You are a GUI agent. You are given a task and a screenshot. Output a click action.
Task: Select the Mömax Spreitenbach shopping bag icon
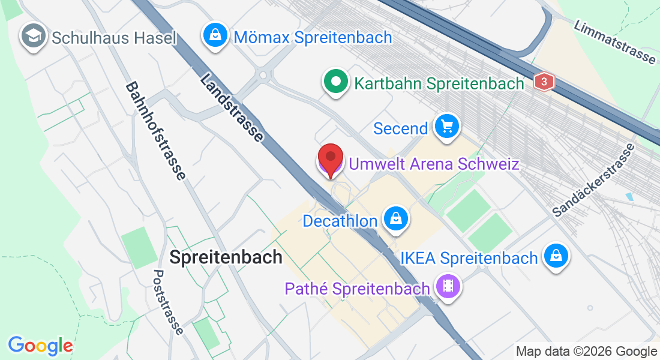pyautogui.click(x=215, y=36)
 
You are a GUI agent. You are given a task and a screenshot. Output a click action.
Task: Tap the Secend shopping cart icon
pyautogui.click(x=446, y=127)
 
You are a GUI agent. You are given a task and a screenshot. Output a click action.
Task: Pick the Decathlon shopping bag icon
pyautogui.click(x=395, y=220)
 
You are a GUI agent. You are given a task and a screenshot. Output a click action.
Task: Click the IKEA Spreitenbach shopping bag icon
pyautogui.click(x=556, y=257)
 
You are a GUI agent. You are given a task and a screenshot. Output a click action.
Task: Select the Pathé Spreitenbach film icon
pyautogui.click(x=448, y=286)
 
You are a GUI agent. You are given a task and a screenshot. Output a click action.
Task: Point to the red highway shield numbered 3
pyautogui.click(x=544, y=82)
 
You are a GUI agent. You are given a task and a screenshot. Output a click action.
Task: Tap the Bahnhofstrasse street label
pyautogui.click(x=155, y=131)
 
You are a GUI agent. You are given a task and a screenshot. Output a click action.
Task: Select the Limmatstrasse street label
pyautogui.click(x=614, y=42)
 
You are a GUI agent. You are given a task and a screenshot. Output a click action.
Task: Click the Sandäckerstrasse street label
pyautogui.click(x=593, y=180)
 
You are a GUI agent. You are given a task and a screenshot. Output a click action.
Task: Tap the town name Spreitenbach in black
pyautogui.click(x=226, y=257)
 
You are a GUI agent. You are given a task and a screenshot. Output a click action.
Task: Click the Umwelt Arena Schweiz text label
pyautogui.click(x=433, y=164)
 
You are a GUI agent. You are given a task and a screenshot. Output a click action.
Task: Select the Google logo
pyautogui.click(x=40, y=346)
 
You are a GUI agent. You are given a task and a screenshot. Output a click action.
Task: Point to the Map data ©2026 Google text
pyautogui.click(x=587, y=352)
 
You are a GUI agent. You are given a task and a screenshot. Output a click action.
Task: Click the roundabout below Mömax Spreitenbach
pyautogui.click(x=262, y=75)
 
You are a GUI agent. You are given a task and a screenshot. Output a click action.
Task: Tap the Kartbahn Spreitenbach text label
pyautogui.click(x=439, y=83)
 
